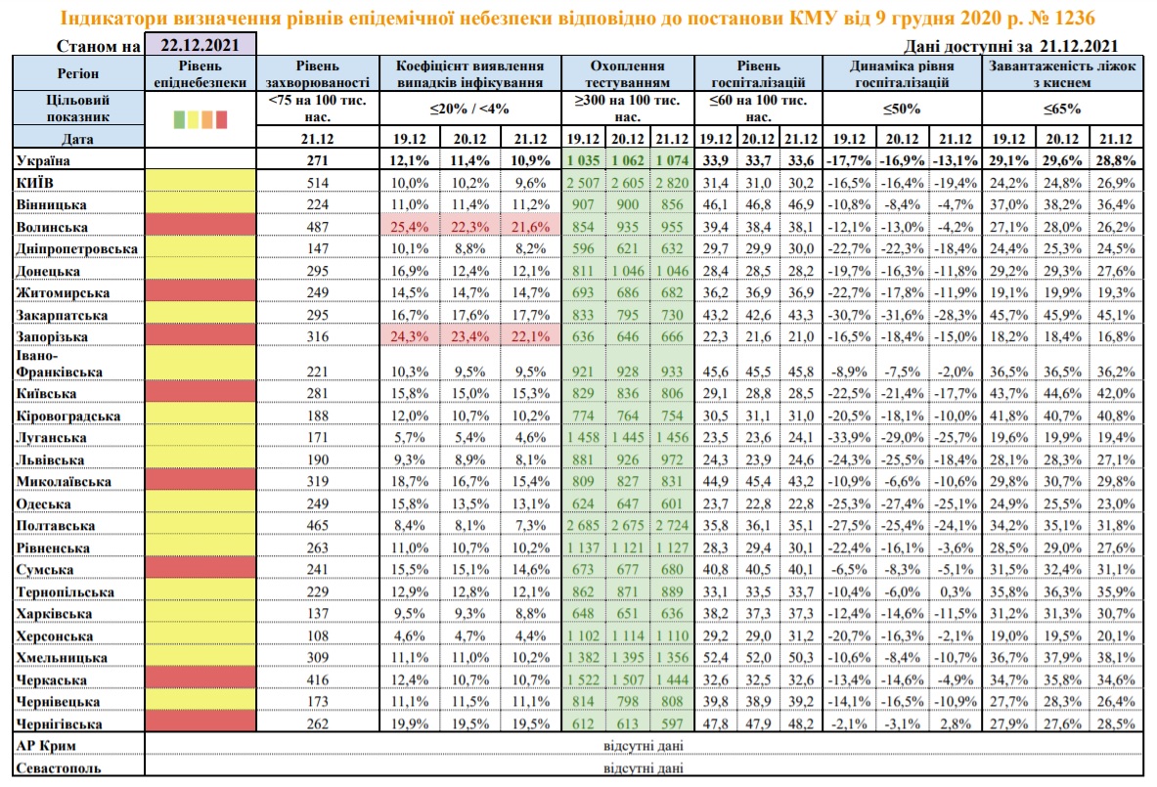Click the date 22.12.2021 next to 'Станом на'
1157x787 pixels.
coord(200,44)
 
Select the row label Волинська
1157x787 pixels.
coord(52,227)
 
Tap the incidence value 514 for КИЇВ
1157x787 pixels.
coord(317,183)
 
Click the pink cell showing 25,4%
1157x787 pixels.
coord(410,227)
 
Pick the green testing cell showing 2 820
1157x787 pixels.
coord(672,183)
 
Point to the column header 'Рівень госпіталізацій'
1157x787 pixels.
coord(758,73)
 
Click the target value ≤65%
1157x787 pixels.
coord(1062,109)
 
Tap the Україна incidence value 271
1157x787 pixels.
coord(317,160)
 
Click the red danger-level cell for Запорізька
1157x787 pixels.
coord(200,336)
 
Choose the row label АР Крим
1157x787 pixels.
coord(46,746)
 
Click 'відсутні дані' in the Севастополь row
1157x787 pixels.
coord(644,767)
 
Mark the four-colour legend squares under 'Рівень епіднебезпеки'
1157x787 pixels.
coord(200,118)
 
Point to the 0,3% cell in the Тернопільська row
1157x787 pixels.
coord(956,591)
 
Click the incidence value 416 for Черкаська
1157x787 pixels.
coord(317,679)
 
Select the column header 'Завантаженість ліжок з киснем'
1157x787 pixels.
coord(1062,73)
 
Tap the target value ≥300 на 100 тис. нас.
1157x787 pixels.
coord(627,108)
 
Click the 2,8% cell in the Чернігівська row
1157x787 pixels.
coord(956,723)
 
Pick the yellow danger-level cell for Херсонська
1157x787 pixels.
coord(200,635)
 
